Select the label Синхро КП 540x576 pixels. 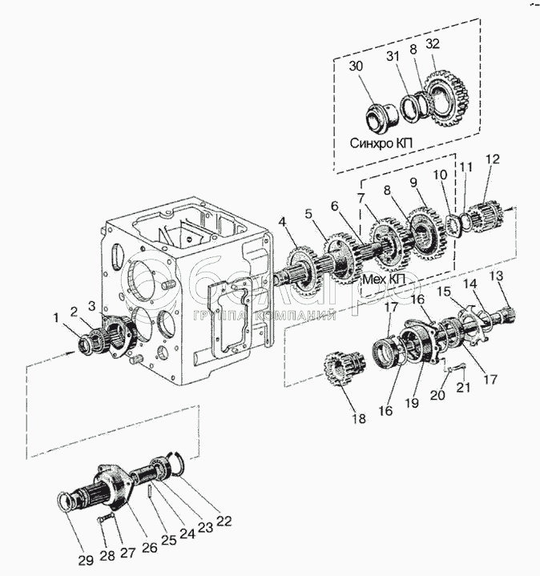[381, 143]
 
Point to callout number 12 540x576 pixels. [491, 159]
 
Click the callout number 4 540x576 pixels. [282, 222]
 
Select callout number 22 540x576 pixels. [224, 521]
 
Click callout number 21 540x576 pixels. [461, 389]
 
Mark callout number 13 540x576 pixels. [498, 276]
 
